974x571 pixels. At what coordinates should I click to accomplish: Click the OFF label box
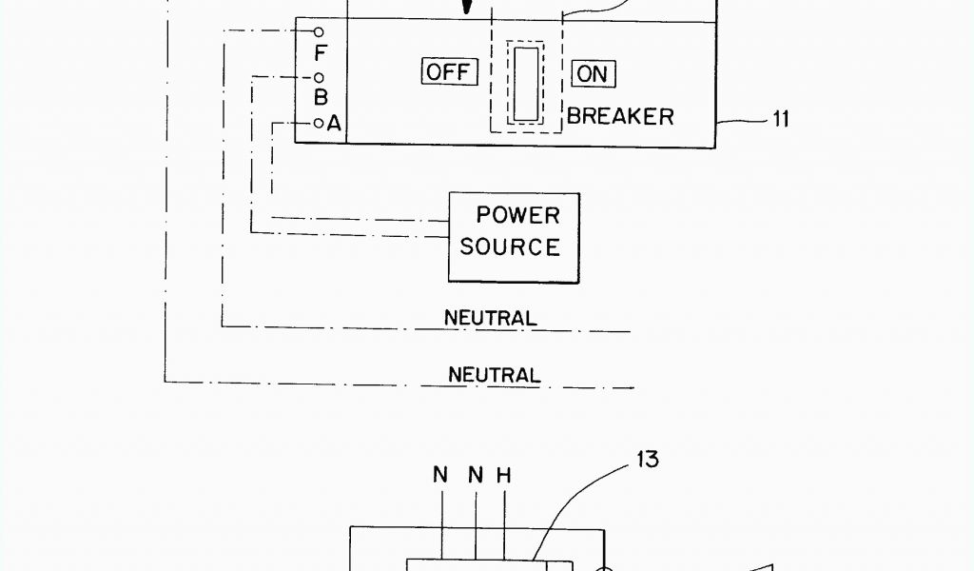click(x=449, y=72)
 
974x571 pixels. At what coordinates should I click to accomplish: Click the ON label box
click(x=594, y=73)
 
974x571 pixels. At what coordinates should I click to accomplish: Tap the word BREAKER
click(x=620, y=116)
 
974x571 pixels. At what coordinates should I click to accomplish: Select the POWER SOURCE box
click(x=513, y=237)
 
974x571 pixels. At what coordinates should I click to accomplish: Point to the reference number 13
click(x=647, y=460)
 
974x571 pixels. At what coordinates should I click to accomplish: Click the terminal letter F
click(x=320, y=53)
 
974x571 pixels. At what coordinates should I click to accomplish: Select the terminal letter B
click(x=321, y=97)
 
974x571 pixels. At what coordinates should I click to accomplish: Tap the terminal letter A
click(x=334, y=123)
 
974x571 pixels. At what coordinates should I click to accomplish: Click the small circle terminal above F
click(x=319, y=32)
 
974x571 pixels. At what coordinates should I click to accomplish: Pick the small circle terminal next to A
click(x=319, y=123)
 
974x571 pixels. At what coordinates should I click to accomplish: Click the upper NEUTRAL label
click(x=490, y=317)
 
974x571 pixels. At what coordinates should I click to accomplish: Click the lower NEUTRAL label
click(x=494, y=375)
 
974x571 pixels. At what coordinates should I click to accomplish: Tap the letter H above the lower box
click(x=504, y=474)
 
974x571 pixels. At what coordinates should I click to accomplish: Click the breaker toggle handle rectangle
click(x=526, y=84)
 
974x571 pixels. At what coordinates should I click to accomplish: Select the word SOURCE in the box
click(x=510, y=246)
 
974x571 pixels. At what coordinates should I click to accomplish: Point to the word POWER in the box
click(x=517, y=215)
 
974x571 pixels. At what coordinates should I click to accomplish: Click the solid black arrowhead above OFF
click(x=466, y=8)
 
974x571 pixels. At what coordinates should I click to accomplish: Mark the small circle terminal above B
click(x=319, y=77)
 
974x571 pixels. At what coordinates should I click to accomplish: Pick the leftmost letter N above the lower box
click(x=440, y=474)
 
